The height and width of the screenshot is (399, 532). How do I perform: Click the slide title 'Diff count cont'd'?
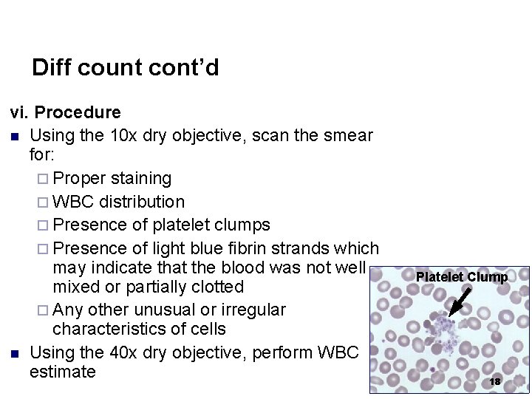[126, 68]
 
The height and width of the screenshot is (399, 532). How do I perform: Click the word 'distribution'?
[142, 202]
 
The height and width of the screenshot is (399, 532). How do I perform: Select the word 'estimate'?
[63, 372]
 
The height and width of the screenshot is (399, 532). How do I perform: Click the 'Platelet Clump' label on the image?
[461, 277]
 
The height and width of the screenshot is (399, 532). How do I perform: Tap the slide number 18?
[495, 381]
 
